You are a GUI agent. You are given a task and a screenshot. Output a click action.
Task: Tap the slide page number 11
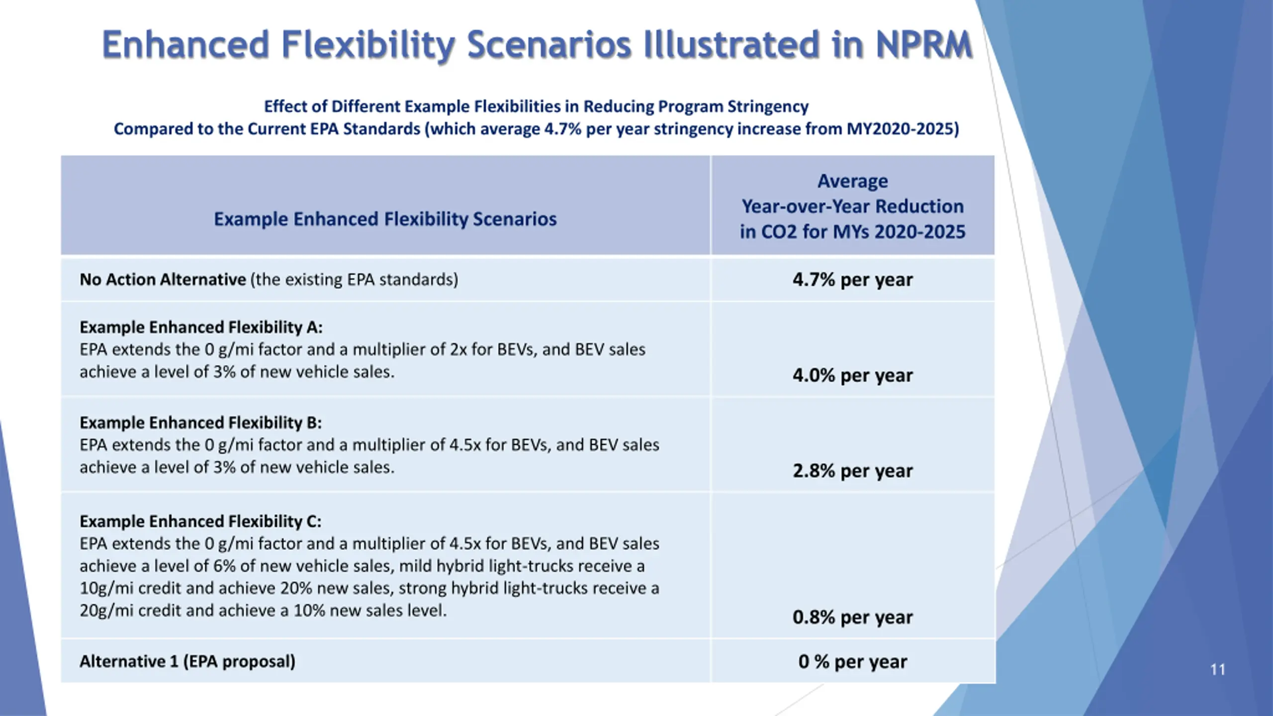point(1217,670)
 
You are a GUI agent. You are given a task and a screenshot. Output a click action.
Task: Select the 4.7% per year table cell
point(852,280)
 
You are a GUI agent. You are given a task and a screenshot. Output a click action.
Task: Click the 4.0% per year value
point(852,375)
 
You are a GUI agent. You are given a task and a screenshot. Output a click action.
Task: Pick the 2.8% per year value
point(852,471)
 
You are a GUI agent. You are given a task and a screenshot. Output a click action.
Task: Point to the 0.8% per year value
point(852,618)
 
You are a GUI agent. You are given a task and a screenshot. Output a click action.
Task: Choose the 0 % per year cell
point(852,662)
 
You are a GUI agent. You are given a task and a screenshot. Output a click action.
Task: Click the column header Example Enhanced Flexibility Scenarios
point(385,219)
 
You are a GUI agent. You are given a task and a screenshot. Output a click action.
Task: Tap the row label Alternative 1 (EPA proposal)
point(187,662)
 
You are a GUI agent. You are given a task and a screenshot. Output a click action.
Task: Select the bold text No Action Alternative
point(163,280)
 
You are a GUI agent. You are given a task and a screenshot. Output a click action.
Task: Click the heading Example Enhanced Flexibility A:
point(201,327)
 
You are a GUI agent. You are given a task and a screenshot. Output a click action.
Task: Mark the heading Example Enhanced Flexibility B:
point(200,423)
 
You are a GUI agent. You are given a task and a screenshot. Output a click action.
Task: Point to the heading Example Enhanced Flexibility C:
point(200,521)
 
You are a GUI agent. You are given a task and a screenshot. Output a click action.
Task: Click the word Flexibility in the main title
point(368,45)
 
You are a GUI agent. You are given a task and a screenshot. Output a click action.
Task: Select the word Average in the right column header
point(852,181)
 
